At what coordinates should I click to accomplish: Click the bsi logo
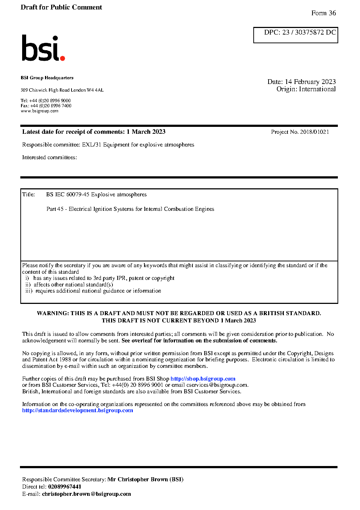tap(43, 48)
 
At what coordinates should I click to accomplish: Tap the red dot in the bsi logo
tap(62, 58)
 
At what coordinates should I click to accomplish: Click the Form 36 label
tap(323, 13)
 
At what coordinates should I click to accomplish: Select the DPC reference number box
tap(296, 35)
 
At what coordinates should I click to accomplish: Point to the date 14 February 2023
tap(310, 82)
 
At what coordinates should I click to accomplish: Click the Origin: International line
tap(306, 89)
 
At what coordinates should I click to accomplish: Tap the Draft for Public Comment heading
tap(61, 7)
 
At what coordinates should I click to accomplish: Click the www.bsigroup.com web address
tap(40, 111)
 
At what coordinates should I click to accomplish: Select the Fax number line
tap(46, 106)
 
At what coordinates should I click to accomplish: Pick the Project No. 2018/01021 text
tap(300, 132)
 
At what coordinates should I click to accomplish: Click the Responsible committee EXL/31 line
tap(108, 145)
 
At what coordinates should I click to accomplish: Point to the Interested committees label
tap(49, 157)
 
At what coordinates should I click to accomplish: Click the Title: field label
tap(29, 194)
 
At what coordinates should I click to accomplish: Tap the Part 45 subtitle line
tap(130, 209)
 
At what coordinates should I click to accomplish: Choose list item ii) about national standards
tap(69, 285)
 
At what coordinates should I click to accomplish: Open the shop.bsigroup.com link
tap(203, 379)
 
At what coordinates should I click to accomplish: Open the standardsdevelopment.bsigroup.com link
tap(78, 410)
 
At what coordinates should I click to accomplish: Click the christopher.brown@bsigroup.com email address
tap(86, 494)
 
